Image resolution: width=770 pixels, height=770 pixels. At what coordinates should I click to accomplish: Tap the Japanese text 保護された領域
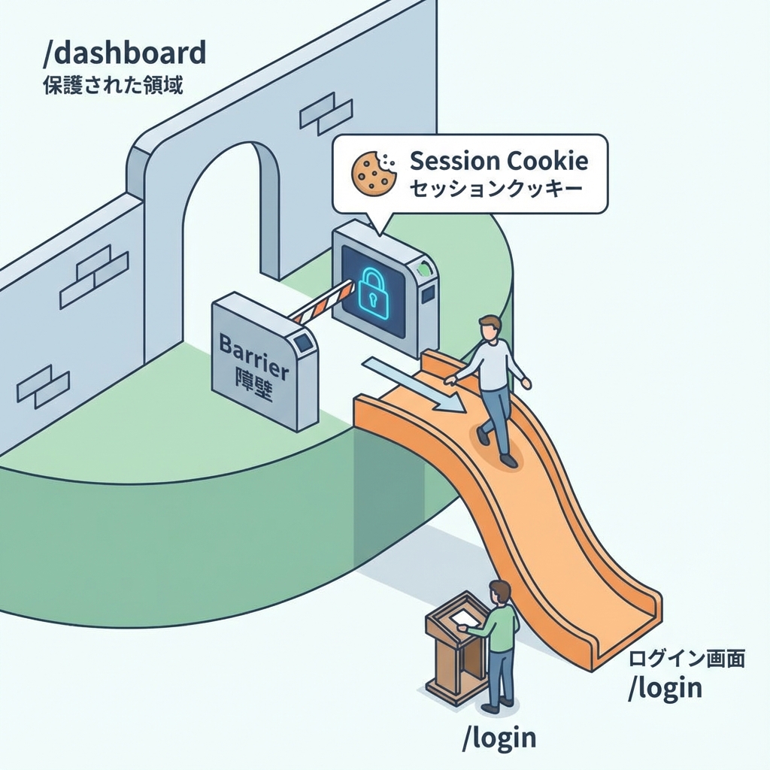click(x=113, y=83)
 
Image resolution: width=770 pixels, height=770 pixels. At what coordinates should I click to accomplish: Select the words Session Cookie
click(x=498, y=161)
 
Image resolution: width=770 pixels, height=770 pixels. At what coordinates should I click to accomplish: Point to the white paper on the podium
click(x=461, y=617)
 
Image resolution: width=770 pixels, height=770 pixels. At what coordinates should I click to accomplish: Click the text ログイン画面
click(x=686, y=659)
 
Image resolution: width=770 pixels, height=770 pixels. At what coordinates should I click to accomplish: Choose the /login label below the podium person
click(x=499, y=737)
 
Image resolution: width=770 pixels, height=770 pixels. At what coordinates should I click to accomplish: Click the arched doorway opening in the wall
click(x=226, y=226)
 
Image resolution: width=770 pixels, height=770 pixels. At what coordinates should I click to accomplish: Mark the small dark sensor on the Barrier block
click(x=304, y=344)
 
